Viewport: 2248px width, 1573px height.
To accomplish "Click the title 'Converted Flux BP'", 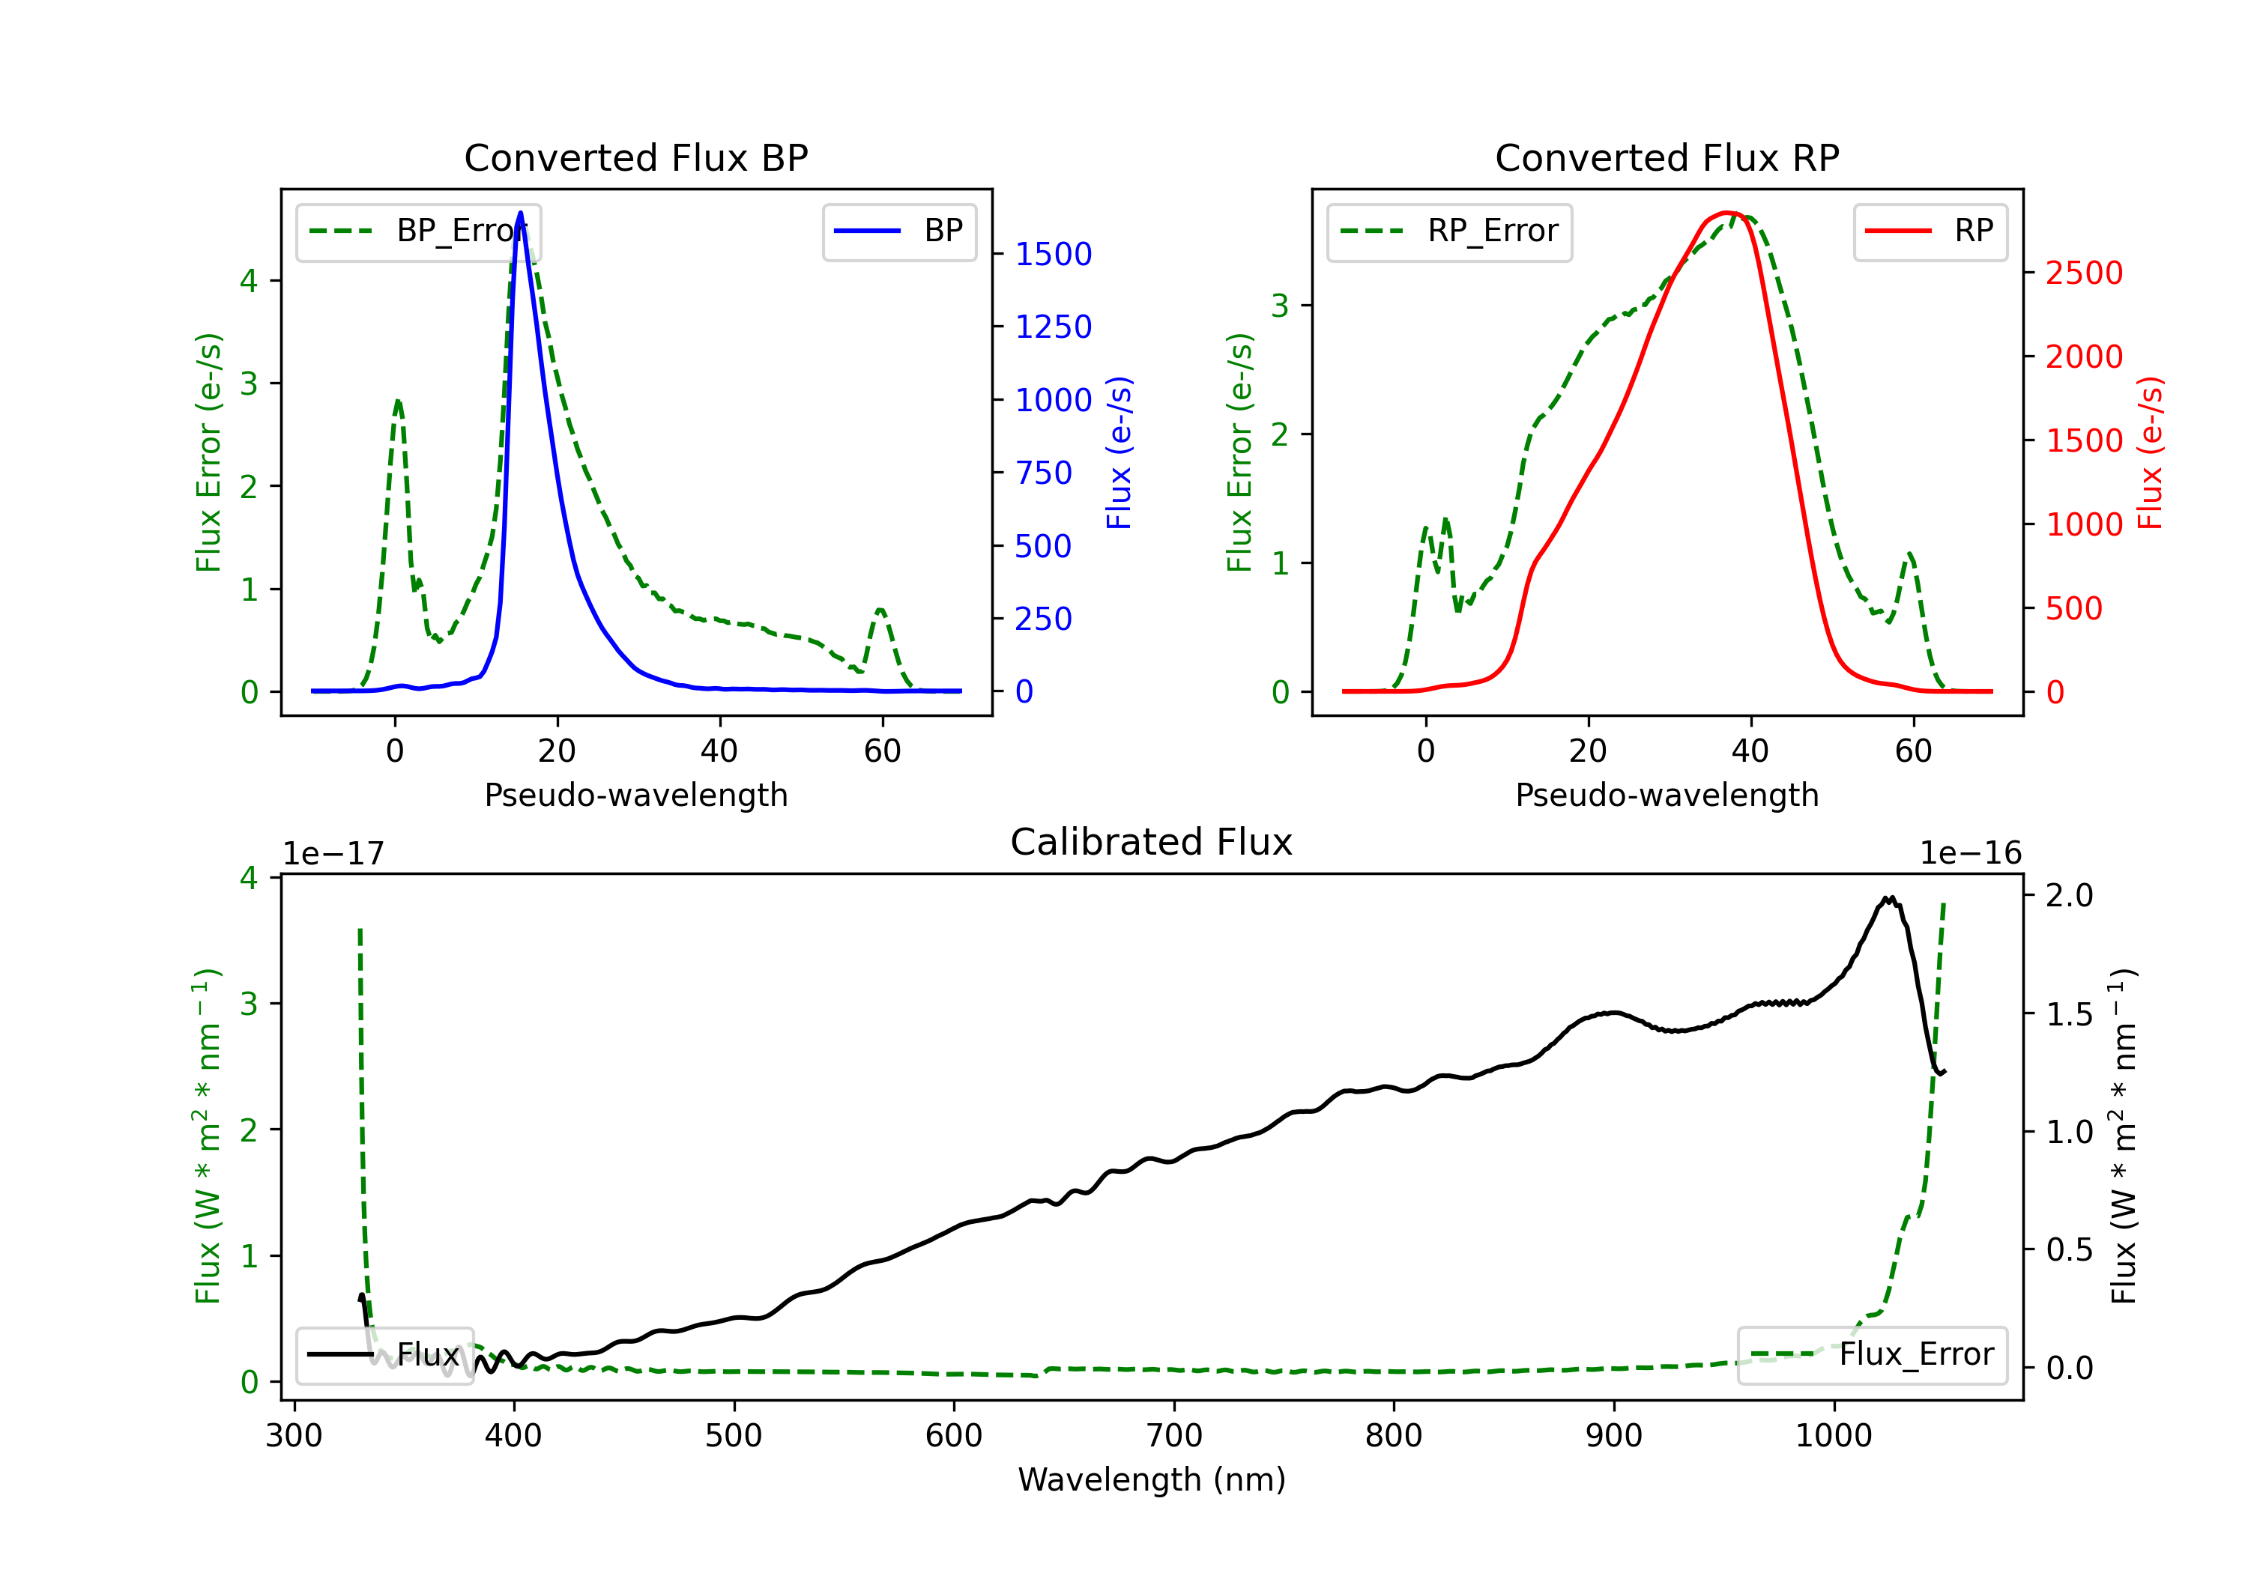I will pos(635,157).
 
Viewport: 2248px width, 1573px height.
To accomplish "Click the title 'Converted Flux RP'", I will pos(1667,157).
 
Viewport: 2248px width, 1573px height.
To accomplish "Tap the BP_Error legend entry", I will pos(418,231).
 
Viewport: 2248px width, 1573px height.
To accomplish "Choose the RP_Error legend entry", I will pos(1449,231).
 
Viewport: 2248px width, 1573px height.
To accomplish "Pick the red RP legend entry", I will pos(1930,231).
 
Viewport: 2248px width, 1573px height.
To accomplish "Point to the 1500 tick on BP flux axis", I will pos(1053,255).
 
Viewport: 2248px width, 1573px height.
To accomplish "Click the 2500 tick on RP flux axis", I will pos(2083,273).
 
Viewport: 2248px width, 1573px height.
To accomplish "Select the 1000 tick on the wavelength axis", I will pos(1833,1436).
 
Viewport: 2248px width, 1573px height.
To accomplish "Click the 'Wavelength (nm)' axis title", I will pos(1152,1479).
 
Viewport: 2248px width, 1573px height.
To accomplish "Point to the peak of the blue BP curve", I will pos(520,213).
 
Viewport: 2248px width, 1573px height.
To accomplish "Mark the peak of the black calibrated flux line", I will pos(1888,897).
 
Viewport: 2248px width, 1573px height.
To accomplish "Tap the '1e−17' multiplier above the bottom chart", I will pos(333,854).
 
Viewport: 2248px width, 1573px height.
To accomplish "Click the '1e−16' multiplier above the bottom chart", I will pos(1970,854).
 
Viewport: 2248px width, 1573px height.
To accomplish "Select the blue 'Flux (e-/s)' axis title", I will pos(1119,453).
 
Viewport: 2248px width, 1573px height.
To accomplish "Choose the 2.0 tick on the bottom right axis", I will pos(2069,894).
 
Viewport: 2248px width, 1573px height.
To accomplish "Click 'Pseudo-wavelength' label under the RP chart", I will pos(1667,795).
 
